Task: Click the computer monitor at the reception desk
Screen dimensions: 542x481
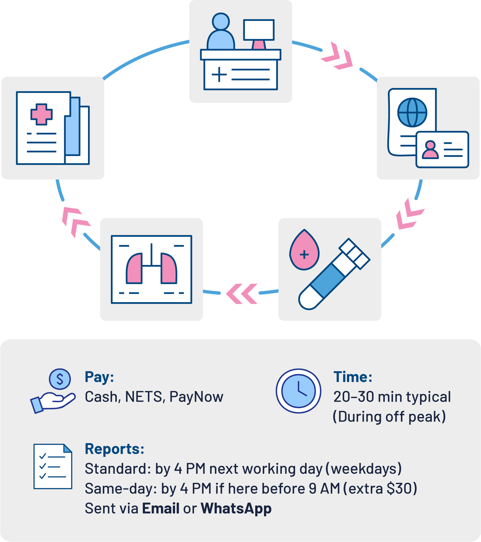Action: (259, 30)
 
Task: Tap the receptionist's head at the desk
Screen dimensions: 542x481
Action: (221, 21)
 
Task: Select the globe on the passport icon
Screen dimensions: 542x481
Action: (412, 113)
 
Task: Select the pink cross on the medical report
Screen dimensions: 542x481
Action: (41, 114)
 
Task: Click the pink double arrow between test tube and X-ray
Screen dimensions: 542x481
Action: (242, 294)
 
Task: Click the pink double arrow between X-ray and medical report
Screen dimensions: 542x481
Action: (75, 221)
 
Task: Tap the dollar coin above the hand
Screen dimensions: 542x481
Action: (60, 379)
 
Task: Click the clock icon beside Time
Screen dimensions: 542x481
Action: (298, 391)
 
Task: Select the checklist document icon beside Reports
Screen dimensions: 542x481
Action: (53, 466)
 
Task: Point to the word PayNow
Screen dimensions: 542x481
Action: (196, 397)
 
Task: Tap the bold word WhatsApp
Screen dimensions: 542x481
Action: (236, 508)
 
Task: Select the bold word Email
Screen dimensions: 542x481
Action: (161, 508)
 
